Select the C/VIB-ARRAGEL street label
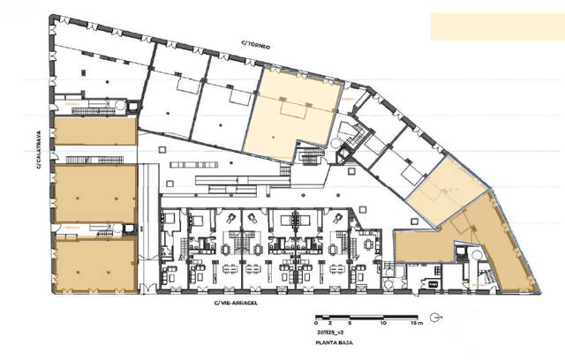235,302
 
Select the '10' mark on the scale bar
382,324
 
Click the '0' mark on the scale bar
317,324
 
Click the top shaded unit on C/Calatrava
94,131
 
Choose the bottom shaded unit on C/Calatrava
94,264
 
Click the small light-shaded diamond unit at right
447,190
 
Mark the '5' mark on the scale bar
350,324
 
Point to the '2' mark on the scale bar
330,324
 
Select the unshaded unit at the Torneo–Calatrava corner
93,71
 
